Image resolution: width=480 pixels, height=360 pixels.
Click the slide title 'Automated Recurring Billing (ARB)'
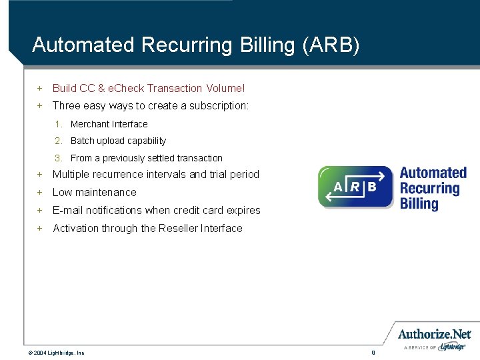coord(195,45)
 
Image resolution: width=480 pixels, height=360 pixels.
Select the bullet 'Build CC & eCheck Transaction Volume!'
coord(149,88)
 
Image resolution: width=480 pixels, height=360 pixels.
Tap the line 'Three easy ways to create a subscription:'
coord(151,105)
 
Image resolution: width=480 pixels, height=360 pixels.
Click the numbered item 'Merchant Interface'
coord(109,124)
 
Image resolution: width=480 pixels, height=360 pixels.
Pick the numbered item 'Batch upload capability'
coord(118,141)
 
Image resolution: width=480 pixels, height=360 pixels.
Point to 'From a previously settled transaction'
coord(146,158)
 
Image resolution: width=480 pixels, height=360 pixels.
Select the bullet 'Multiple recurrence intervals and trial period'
coord(155,175)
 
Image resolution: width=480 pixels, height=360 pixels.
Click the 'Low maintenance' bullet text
coord(94,192)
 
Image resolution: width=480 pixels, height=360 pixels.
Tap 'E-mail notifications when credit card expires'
coord(156,210)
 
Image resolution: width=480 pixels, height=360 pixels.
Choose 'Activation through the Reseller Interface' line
coord(147,228)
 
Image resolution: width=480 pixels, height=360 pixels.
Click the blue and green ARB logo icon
coord(355,187)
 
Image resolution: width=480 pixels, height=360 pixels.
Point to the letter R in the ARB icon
coord(355,187)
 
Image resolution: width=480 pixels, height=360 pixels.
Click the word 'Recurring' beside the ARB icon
coord(429,188)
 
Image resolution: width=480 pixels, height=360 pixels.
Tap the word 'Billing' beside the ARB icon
coord(419,203)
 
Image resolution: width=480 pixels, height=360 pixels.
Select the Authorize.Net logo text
coord(434,334)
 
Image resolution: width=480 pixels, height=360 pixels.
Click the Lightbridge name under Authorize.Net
coord(453,347)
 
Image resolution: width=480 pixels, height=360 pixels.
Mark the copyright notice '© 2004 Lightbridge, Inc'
coord(56,353)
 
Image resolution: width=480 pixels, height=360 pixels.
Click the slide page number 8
coord(373,352)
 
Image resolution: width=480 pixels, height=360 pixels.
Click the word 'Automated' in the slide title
coord(84,45)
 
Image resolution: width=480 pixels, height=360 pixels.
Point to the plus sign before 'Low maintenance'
coord(40,192)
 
